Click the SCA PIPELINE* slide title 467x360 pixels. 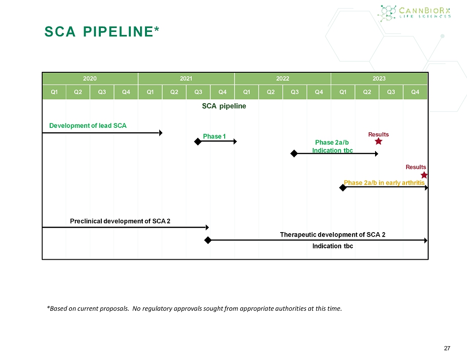[x=102, y=32]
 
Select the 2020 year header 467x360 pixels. [x=90, y=78]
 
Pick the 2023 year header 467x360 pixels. [x=379, y=78]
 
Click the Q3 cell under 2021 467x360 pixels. [x=198, y=92]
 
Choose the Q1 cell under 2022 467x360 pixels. [x=247, y=92]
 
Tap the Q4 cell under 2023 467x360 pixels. [x=415, y=92]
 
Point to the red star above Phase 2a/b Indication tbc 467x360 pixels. [x=379, y=141]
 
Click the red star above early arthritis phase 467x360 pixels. [x=424, y=175]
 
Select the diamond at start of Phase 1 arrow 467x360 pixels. [x=197, y=142]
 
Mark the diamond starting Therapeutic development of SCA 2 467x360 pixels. [x=207, y=240]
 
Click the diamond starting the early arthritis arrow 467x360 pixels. [x=343, y=188]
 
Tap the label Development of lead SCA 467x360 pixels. [x=88, y=125]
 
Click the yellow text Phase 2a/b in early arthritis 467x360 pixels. [x=384, y=182]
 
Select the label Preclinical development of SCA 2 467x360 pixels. [x=120, y=221]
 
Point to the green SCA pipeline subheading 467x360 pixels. [x=224, y=106]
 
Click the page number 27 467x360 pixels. [x=446, y=348]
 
